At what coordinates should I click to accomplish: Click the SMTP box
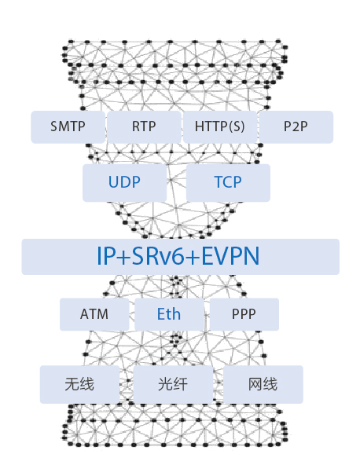click(68, 127)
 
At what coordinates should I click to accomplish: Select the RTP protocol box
click(144, 127)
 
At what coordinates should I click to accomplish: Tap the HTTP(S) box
click(219, 127)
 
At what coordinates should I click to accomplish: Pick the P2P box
click(296, 127)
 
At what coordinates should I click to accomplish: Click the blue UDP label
click(124, 182)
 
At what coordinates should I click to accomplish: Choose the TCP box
click(228, 183)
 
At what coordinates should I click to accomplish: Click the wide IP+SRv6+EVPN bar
click(181, 257)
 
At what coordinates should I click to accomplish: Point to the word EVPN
click(230, 256)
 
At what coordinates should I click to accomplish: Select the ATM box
click(94, 314)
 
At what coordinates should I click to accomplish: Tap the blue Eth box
click(169, 314)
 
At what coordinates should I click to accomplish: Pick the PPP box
click(244, 314)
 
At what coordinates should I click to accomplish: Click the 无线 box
click(80, 384)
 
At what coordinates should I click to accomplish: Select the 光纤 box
click(173, 384)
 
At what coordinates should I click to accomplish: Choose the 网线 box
click(263, 384)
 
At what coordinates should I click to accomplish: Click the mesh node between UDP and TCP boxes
click(171, 180)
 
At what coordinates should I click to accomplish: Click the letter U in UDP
click(114, 182)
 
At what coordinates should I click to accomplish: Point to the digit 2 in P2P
click(296, 126)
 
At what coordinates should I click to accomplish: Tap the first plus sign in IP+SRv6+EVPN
click(123, 257)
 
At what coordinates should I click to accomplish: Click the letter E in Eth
click(161, 314)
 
